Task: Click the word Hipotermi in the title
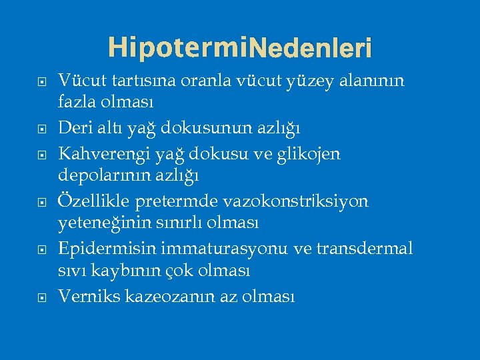click(x=177, y=47)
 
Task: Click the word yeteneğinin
click(x=103, y=221)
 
